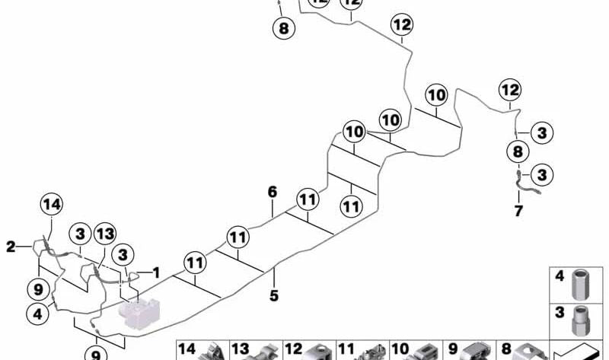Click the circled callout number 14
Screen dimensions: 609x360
click(x=52, y=204)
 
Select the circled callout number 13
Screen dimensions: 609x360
click(x=105, y=234)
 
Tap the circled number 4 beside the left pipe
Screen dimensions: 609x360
click(x=37, y=314)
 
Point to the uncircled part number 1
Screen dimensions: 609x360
click(x=156, y=272)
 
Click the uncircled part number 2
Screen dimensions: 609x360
click(x=11, y=247)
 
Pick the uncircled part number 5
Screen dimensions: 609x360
click(x=274, y=295)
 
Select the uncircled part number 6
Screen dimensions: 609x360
click(x=273, y=192)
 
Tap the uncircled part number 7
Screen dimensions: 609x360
click(x=518, y=212)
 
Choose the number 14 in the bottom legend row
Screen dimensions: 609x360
click(x=187, y=349)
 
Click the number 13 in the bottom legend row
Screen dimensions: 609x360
click(x=240, y=349)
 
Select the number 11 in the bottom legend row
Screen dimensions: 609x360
click(x=346, y=349)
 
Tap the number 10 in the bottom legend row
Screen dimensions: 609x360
click(x=400, y=349)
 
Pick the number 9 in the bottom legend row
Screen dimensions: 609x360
click(x=453, y=349)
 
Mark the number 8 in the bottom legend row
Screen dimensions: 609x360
click(x=506, y=349)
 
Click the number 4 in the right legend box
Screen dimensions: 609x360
click(x=560, y=276)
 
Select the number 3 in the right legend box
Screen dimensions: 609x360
click(x=560, y=312)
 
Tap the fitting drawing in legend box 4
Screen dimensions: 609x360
click(x=581, y=285)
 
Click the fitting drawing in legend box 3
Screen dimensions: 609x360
click(x=581, y=320)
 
